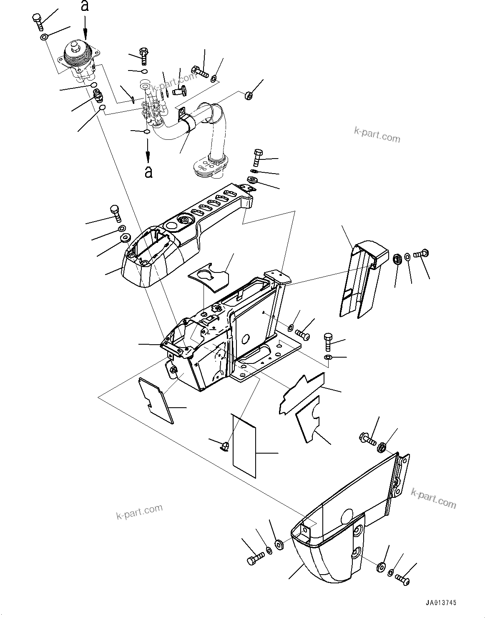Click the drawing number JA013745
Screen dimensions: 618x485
click(441, 602)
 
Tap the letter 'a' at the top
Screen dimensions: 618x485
click(85, 6)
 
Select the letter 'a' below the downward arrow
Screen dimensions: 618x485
click(148, 172)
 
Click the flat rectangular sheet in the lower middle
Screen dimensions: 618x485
click(244, 446)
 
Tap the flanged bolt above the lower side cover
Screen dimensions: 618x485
click(367, 439)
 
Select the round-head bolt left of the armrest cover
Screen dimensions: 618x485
click(116, 212)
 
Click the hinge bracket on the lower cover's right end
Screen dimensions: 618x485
click(400, 476)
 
